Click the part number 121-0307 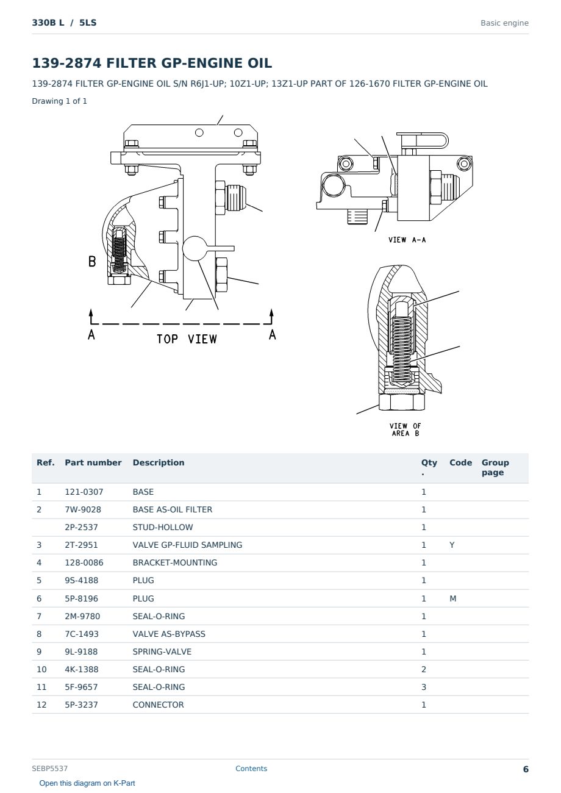pos(84,492)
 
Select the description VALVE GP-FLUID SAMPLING pos(187,545)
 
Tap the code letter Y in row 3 pos(452,545)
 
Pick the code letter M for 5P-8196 pos(452,598)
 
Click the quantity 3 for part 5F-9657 pos(424,687)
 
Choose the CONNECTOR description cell pos(158,705)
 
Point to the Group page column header pos(495,467)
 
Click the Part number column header pos(93,462)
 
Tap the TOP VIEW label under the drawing pos(187,339)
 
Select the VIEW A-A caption pos(407,240)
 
